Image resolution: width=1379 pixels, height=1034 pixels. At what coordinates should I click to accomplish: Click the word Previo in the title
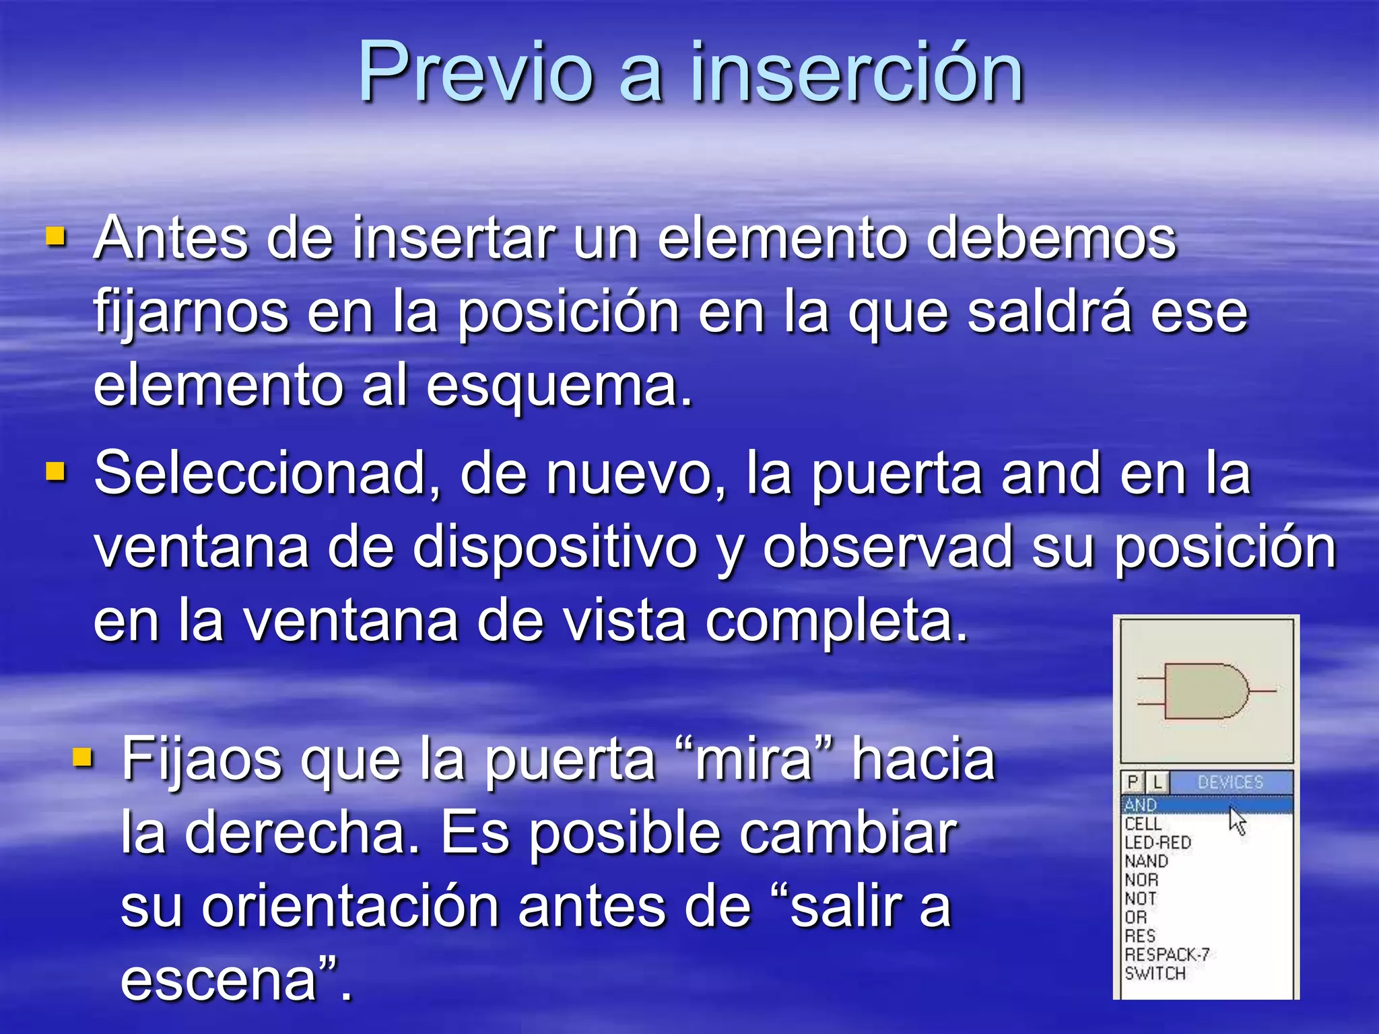click(x=475, y=72)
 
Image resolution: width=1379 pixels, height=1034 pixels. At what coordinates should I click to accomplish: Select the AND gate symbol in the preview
click(x=1205, y=691)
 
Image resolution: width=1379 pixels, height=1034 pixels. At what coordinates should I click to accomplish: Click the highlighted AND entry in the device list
click(x=1141, y=804)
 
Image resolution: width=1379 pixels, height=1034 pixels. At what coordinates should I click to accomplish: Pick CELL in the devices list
click(x=1143, y=823)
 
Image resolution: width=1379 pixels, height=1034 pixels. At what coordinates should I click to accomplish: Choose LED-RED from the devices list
click(x=1157, y=842)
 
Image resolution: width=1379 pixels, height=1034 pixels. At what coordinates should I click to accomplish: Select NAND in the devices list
click(x=1146, y=861)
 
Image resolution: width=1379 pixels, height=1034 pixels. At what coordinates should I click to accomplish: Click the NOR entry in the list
click(x=1141, y=880)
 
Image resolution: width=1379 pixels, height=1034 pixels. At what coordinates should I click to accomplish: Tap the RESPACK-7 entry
click(x=1166, y=955)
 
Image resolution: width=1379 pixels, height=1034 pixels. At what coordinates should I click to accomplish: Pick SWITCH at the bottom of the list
click(x=1155, y=973)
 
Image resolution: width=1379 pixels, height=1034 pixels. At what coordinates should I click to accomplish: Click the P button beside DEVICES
click(x=1133, y=782)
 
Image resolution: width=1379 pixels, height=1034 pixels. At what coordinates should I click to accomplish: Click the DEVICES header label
click(x=1230, y=782)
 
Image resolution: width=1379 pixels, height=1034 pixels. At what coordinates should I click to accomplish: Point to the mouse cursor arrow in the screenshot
click(x=1236, y=820)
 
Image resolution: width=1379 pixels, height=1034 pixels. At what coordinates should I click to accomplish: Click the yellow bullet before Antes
click(x=56, y=237)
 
